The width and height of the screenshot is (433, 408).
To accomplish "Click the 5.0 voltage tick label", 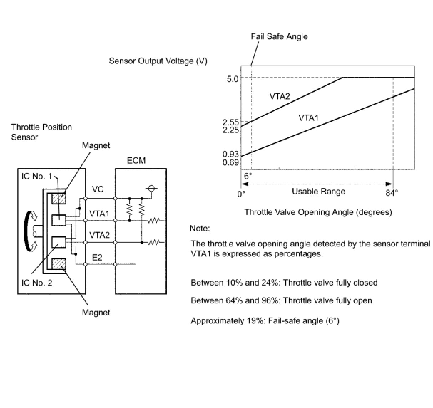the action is click(233, 79).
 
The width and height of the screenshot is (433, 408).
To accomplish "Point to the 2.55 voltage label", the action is click(230, 122).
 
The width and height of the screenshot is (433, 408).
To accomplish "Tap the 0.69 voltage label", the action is click(230, 162).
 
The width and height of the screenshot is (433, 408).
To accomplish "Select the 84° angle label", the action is click(392, 193).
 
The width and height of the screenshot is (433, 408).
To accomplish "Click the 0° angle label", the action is click(241, 194).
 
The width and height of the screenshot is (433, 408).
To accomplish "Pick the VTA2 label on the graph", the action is click(280, 96).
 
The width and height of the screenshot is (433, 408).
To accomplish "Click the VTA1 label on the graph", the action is click(309, 118).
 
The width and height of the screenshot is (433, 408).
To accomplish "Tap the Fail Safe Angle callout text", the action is click(279, 36).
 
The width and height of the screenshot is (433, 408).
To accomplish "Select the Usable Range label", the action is click(319, 192).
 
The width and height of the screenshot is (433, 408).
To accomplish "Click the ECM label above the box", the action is click(136, 161).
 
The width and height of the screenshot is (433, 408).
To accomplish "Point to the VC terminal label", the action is click(98, 189).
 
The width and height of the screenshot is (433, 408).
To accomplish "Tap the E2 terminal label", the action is click(97, 257).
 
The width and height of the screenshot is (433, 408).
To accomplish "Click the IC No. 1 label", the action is click(37, 176).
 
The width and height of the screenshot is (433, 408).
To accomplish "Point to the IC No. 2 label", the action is click(37, 283).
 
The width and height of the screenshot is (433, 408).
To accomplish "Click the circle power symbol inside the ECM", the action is click(151, 188).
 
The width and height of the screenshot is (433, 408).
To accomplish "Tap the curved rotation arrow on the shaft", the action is click(28, 231).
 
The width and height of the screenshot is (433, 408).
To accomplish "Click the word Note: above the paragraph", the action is click(200, 228).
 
